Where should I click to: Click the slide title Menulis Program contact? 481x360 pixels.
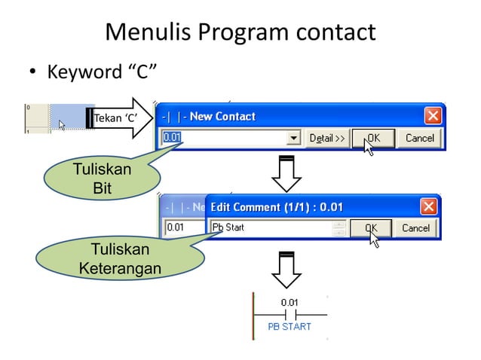point(240,32)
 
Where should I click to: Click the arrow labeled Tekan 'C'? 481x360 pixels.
point(120,118)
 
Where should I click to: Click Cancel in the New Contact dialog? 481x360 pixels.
point(419,138)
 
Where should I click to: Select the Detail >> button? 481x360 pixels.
point(326,138)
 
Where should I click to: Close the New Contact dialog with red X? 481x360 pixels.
point(433,116)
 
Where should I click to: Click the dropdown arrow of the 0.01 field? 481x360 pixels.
point(294,139)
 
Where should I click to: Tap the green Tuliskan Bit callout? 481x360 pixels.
point(102,178)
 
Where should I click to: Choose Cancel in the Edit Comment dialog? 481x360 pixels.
point(415,227)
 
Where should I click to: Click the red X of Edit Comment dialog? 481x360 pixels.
point(427,206)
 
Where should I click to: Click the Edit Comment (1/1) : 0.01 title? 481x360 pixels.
point(277,206)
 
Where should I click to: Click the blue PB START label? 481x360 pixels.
point(290,327)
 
